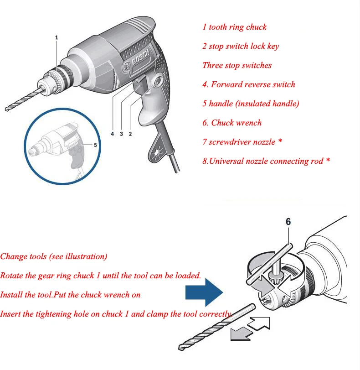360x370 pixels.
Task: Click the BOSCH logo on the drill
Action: [138, 61]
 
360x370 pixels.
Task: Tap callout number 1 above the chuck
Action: [57, 37]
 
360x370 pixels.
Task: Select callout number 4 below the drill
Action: [113, 134]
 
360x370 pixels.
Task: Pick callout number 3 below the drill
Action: [121, 134]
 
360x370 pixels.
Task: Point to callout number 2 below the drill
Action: [130, 134]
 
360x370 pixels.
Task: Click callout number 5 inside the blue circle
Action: [95, 145]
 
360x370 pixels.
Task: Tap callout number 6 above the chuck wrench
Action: [288, 222]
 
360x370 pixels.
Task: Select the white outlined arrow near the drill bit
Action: [259, 323]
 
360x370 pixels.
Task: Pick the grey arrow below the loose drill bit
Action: [242, 334]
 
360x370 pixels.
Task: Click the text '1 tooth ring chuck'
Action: [235, 27]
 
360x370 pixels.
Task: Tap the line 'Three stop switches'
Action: [237, 65]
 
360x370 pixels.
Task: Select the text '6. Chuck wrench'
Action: [232, 123]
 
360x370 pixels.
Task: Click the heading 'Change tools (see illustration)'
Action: [53, 256]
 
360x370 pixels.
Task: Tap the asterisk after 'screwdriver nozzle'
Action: [280, 141]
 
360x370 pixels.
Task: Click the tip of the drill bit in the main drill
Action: [6, 109]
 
